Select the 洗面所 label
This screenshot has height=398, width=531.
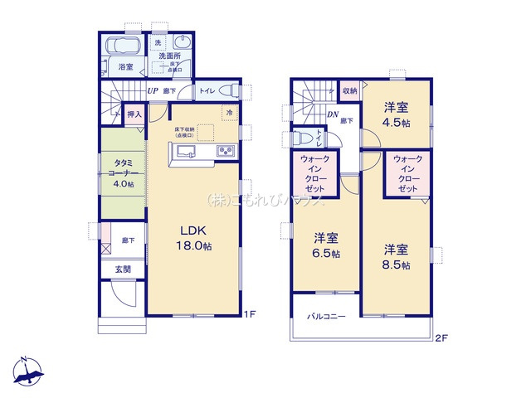tap(170, 56)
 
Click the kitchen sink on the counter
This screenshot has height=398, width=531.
tap(185, 151)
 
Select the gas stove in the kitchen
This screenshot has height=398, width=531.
tap(226, 151)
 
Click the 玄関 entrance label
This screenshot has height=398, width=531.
tap(122, 268)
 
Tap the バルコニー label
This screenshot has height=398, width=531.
tap(326, 316)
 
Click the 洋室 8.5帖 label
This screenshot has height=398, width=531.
tap(397, 255)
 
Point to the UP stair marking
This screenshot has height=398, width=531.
tap(153, 92)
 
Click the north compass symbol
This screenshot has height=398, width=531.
tap(29, 372)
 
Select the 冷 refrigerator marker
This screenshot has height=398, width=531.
tap(228, 113)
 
